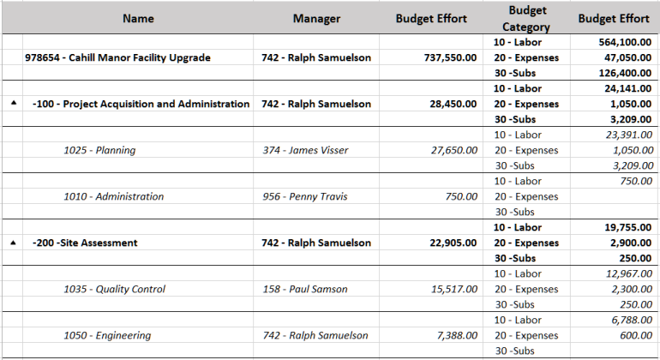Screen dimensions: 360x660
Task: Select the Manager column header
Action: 316,18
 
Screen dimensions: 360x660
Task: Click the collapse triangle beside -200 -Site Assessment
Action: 13,243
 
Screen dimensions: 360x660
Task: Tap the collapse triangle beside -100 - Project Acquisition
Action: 13,105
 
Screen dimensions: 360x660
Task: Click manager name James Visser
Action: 303,151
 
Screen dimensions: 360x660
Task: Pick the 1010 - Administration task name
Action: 114,197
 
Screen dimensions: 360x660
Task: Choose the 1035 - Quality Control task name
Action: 115,290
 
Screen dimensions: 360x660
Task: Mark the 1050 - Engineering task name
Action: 107,336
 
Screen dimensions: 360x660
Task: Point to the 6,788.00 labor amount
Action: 628,321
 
